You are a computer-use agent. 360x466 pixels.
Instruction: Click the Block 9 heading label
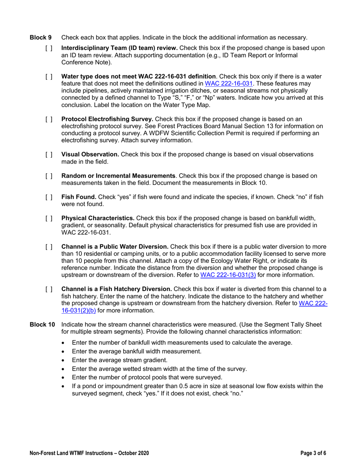(40, 38)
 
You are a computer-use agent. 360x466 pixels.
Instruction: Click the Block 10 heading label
(42, 324)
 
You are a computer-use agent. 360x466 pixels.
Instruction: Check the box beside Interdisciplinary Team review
(49, 48)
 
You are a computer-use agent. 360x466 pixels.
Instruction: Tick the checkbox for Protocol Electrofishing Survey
(49, 119)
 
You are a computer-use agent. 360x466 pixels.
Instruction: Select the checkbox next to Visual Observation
(49, 155)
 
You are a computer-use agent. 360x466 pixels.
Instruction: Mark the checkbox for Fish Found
(49, 197)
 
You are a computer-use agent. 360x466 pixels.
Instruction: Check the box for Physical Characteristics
(49, 218)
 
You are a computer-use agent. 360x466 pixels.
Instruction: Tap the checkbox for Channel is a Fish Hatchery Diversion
(49, 289)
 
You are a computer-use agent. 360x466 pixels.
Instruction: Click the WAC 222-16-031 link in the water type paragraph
(229, 83)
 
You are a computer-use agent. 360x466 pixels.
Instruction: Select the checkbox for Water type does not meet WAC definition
(49, 77)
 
